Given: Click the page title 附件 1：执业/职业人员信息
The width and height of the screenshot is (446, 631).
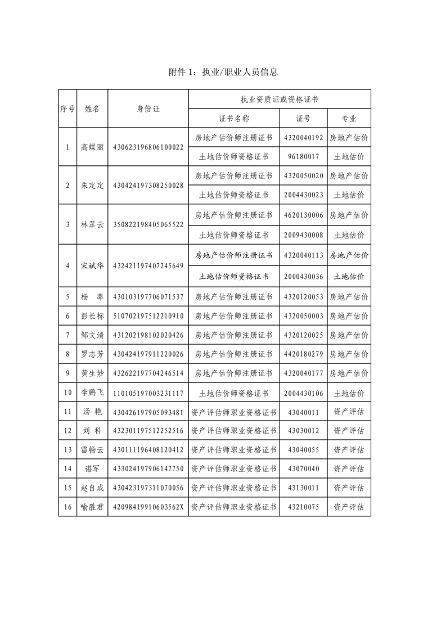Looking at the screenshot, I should click(223, 72).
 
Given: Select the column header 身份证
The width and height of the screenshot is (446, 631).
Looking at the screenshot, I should click(148, 109).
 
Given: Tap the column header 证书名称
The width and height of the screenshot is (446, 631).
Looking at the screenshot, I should click(234, 119).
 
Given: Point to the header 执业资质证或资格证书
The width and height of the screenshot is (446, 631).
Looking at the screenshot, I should click(280, 99).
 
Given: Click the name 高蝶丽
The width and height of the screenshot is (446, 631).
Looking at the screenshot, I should click(92, 147).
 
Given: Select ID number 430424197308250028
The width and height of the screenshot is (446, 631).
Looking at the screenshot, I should click(148, 186).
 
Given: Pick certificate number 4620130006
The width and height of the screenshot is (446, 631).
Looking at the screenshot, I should click(304, 215).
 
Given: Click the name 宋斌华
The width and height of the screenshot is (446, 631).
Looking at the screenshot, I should click(92, 266).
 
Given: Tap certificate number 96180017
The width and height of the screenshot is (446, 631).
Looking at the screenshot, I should click(304, 157).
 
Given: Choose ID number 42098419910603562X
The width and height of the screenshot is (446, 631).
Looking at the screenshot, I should click(148, 507).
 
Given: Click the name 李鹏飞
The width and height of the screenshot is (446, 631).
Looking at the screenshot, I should click(92, 393).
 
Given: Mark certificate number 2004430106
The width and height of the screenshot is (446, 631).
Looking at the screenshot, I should click(304, 393).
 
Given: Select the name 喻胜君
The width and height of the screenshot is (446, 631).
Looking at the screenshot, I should click(92, 507).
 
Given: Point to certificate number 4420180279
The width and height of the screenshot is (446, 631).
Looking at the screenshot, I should click(304, 354).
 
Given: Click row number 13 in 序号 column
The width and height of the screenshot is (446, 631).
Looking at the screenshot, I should click(67, 450).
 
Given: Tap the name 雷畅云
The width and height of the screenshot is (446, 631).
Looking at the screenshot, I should click(92, 450).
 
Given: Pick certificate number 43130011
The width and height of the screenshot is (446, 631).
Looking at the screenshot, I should click(304, 488).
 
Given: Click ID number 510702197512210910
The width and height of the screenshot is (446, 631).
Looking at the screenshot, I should click(148, 316).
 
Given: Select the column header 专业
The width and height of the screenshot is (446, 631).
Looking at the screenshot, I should click(349, 119).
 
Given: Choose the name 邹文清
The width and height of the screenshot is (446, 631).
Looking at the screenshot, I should click(92, 335).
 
